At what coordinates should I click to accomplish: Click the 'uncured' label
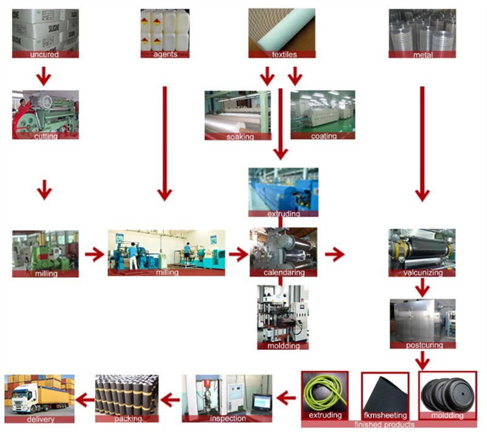point(44,54)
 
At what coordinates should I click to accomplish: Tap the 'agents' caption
point(165,54)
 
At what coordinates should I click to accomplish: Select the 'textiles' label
point(284,54)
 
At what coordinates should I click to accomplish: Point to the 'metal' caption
point(422,55)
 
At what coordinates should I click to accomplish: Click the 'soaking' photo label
point(240,136)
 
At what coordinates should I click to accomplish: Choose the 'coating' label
point(324,136)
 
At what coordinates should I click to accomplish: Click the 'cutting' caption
point(46,136)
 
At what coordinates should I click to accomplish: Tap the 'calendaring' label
point(284,273)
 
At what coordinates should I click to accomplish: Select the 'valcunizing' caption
point(422,273)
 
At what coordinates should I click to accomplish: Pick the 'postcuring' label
point(424,345)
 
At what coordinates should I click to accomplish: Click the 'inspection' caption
point(228,419)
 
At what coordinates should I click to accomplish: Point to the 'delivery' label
point(40,419)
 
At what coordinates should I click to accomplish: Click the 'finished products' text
point(385,424)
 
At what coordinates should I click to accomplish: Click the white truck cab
point(23,397)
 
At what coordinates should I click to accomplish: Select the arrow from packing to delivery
point(85,399)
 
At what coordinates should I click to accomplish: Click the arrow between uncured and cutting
point(44,76)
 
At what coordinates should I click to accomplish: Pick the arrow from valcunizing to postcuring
point(422,287)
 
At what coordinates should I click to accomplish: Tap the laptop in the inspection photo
point(262,403)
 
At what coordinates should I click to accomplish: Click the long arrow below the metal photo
point(422,144)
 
